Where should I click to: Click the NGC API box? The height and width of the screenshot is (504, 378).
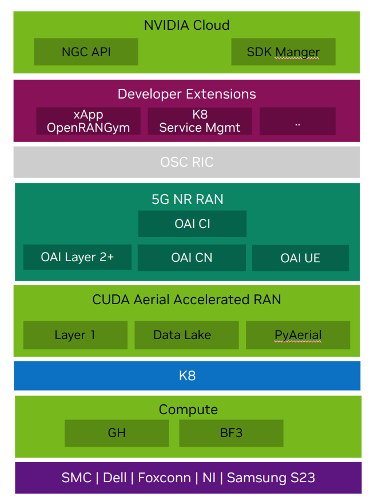(x=86, y=52)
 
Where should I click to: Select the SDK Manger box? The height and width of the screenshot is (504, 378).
(x=283, y=52)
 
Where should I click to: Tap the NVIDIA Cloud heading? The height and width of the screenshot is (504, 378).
(x=186, y=25)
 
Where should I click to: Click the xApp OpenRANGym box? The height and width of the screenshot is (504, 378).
(x=88, y=121)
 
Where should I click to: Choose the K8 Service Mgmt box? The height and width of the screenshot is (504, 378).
(x=200, y=121)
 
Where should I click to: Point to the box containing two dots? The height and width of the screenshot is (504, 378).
(x=297, y=121)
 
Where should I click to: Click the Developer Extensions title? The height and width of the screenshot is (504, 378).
(x=186, y=94)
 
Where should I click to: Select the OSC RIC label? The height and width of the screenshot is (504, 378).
(x=186, y=162)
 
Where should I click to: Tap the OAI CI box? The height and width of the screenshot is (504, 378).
(x=192, y=224)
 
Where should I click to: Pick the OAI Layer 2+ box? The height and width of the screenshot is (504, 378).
(x=77, y=257)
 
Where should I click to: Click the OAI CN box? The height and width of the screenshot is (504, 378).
(x=192, y=258)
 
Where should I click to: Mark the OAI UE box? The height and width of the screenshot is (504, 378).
(x=300, y=258)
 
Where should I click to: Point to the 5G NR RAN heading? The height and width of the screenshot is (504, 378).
(x=187, y=199)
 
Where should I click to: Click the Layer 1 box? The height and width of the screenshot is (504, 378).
(x=75, y=335)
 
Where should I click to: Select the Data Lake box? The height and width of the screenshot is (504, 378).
(x=186, y=335)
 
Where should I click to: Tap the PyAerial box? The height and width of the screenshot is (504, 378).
(x=297, y=335)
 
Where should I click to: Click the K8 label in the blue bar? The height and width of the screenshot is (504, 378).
(x=187, y=376)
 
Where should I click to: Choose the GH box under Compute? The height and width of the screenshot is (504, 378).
(x=117, y=433)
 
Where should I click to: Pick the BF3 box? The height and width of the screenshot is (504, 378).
(x=231, y=433)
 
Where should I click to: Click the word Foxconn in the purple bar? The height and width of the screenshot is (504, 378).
(x=165, y=478)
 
